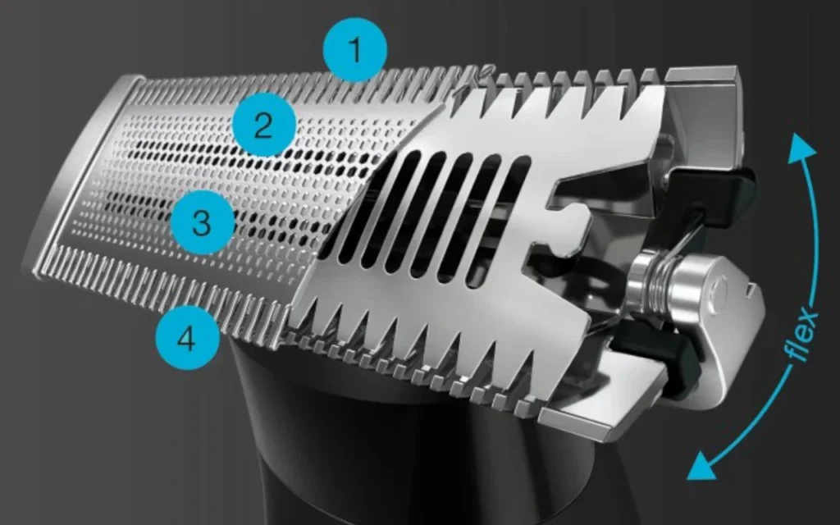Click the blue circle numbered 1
pos(354,50)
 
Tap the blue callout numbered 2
pos(263,126)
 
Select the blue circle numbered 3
pos(203,222)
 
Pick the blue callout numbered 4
pos(188,337)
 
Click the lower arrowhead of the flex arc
pos(703,465)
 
